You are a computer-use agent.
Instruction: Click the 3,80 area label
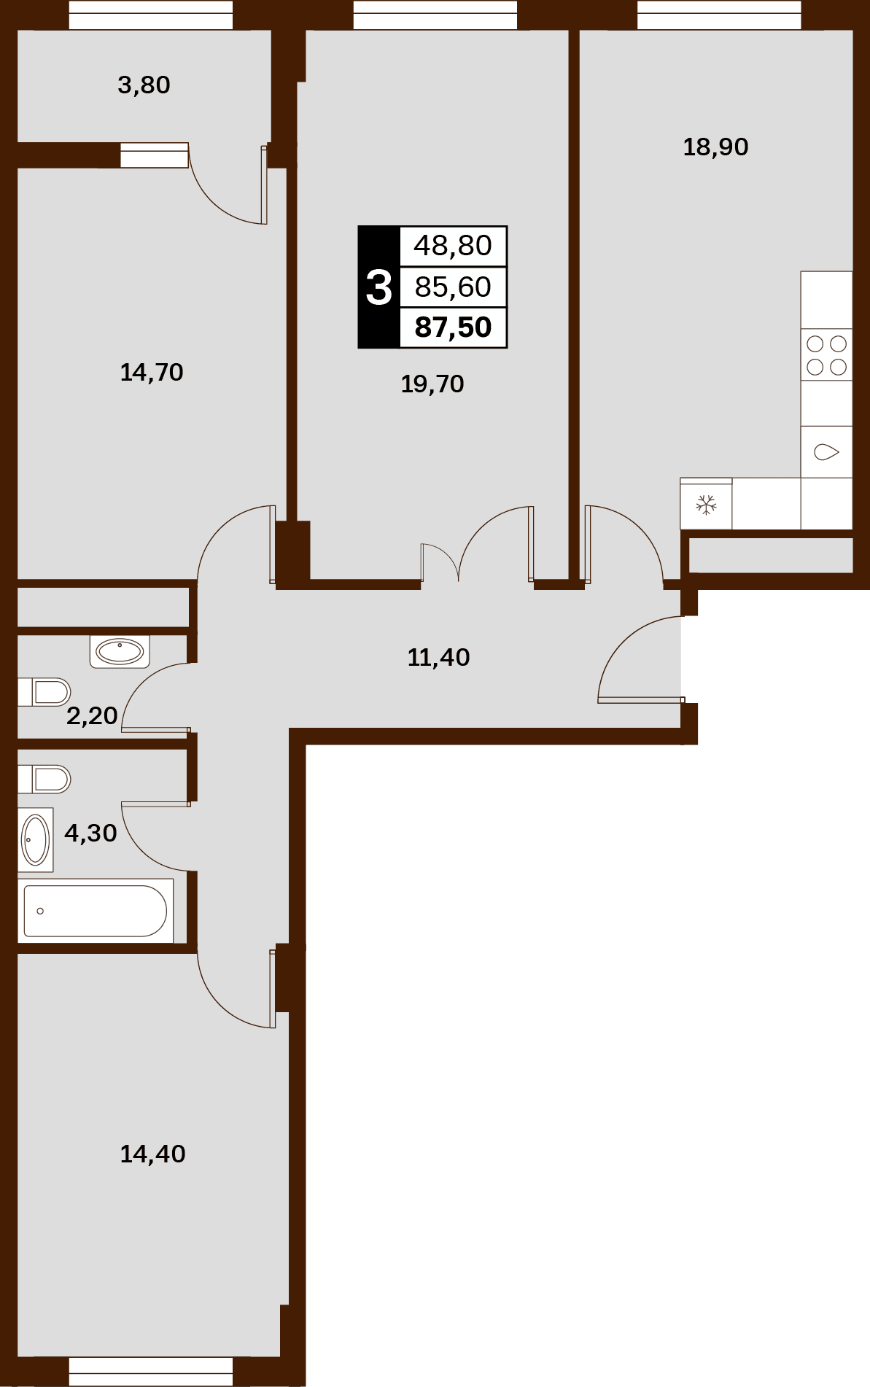coord(144,85)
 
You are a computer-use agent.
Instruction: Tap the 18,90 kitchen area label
coord(715,147)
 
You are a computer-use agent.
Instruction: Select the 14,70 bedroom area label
coord(152,373)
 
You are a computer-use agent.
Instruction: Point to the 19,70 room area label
coord(432,384)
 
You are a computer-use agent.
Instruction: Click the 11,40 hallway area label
coord(438,658)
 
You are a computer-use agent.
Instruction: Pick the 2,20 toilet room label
coord(92,716)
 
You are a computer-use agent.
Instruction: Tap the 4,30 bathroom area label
coord(90,833)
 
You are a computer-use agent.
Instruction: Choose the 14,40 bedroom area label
coord(152,1154)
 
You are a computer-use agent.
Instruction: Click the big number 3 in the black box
coord(379,287)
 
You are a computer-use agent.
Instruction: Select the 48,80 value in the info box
coord(453,246)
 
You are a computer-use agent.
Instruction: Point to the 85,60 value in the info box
coord(453,287)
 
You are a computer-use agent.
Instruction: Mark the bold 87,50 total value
coord(453,327)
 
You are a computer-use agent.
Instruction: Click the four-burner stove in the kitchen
coord(826,354)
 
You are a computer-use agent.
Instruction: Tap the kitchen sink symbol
coord(826,452)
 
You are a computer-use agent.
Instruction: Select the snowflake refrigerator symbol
coord(706,504)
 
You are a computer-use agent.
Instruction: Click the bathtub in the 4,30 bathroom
coord(96,911)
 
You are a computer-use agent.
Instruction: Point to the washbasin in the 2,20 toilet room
coord(120,651)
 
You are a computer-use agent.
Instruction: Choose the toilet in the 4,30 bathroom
coord(44,779)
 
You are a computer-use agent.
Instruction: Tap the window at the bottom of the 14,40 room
coord(151,1371)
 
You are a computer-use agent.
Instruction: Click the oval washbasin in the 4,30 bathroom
coord(36,840)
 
